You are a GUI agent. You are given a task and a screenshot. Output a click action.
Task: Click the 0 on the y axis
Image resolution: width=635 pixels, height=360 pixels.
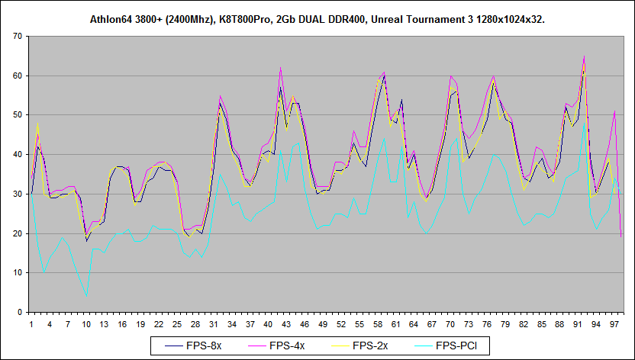point(19,312)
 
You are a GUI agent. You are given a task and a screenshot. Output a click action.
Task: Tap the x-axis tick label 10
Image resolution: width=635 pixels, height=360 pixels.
point(86,324)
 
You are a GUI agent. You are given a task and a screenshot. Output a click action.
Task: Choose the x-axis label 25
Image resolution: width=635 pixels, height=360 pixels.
point(177,324)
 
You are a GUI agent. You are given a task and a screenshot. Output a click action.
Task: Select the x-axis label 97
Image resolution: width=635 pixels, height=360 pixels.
point(614,324)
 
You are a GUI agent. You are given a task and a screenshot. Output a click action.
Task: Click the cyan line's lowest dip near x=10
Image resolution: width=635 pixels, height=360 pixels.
point(87,295)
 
